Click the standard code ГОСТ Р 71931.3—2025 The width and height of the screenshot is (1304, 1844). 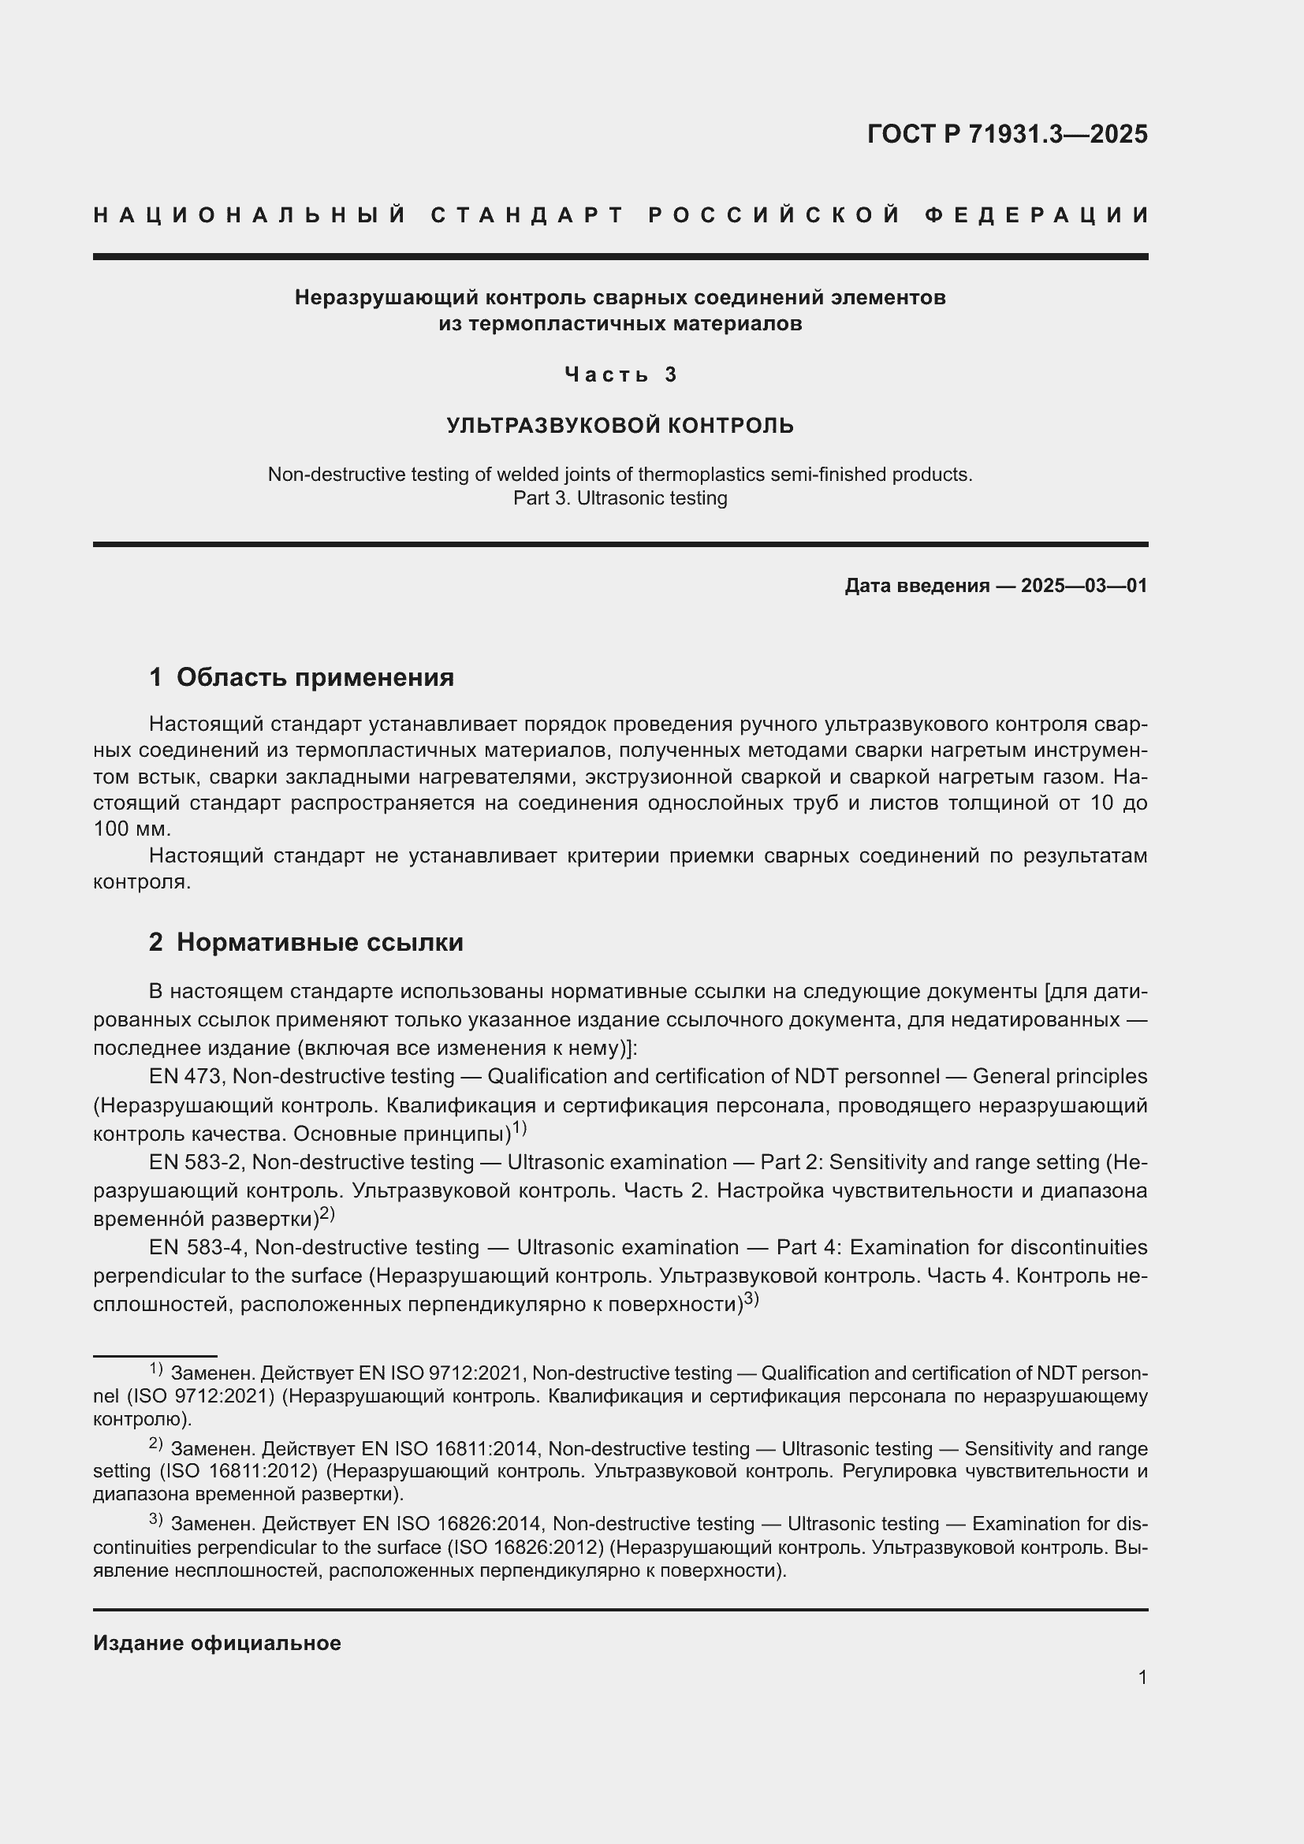click(1007, 134)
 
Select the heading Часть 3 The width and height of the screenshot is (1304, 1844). click(620, 374)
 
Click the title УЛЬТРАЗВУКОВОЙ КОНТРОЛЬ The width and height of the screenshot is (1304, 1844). click(620, 426)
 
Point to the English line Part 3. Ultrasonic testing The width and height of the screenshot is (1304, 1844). click(620, 498)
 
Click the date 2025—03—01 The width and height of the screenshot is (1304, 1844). click(1084, 586)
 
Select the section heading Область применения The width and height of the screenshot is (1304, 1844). click(315, 677)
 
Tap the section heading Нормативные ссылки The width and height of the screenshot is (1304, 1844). click(319, 942)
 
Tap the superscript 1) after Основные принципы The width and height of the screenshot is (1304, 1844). click(520, 1128)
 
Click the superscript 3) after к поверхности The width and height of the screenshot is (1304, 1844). click(751, 1298)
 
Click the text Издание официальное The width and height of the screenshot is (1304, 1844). click(217, 1643)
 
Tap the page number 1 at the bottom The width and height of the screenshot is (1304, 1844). click(1142, 1677)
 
